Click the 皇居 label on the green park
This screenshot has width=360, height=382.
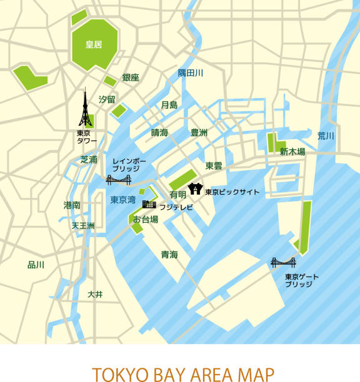point(94,44)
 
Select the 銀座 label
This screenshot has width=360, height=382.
point(131,77)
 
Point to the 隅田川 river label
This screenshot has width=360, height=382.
point(190,74)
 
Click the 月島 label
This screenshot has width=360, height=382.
point(169,105)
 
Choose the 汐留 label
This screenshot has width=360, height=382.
point(107,99)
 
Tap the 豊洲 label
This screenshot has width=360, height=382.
point(199,132)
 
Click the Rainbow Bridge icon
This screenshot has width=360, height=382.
point(118,180)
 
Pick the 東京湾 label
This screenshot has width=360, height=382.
point(123,200)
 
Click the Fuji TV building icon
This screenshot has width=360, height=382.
point(149,203)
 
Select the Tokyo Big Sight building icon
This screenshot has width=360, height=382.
point(194,189)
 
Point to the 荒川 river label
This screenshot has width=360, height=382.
point(326,135)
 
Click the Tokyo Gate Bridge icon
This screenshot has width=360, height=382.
point(283,262)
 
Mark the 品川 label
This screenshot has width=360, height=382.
point(36,265)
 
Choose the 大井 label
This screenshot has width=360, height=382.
point(94,293)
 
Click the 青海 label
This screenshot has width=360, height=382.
point(169,254)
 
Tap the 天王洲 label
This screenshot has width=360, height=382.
point(82,225)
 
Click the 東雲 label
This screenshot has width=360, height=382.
point(214,165)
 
